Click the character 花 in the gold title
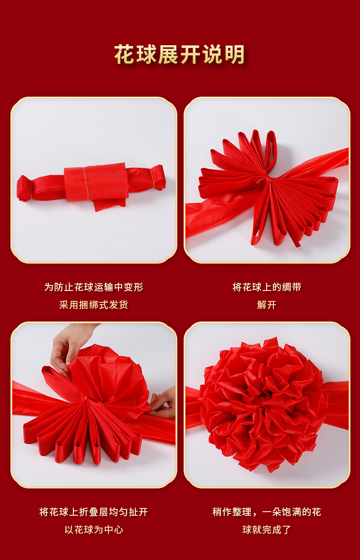click(x=125, y=54)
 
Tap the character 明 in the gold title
click(x=235, y=54)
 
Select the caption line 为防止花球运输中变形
click(x=94, y=287)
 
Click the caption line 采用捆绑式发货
click(x=94, y=305)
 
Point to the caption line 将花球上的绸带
click(x=267, y=287)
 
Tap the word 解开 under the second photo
click(x=267, y=305)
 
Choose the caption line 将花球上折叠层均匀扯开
click(x=94, y=512)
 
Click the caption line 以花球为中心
click(x=94, y=529)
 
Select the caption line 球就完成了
click(x=267, y=529)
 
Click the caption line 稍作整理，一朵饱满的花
click(x=267, y=512)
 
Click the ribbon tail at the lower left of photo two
click(x=220, y=215)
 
